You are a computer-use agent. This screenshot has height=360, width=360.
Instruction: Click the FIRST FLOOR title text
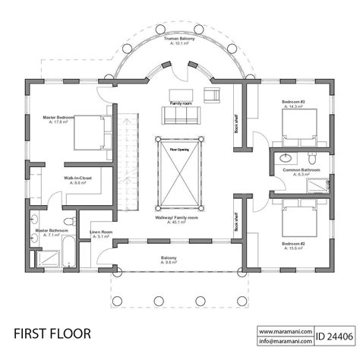point(52,333)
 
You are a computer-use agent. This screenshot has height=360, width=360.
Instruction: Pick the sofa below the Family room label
point(180,115)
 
